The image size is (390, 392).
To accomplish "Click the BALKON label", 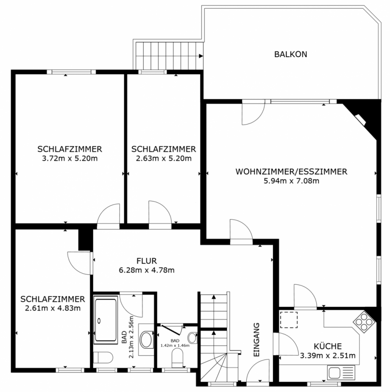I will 290,54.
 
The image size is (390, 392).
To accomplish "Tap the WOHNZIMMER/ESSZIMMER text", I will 291,172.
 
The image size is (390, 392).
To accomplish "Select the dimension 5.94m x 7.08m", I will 291,181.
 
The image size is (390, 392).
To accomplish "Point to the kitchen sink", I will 340,373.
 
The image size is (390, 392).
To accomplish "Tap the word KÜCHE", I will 327,346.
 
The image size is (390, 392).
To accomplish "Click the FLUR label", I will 147,261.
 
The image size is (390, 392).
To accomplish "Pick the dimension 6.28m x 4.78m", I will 147,270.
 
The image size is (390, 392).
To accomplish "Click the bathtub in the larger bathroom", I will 106,321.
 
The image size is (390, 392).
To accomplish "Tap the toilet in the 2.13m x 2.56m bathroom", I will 102,357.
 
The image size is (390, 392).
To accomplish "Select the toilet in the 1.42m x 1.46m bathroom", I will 177,360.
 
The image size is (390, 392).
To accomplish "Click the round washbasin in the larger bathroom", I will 147,339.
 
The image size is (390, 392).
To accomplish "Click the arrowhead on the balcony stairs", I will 201,56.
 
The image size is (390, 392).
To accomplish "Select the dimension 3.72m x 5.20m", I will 70,158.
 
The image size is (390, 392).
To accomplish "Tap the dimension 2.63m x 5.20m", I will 164,158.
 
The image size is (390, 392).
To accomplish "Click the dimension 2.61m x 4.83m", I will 53,308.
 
